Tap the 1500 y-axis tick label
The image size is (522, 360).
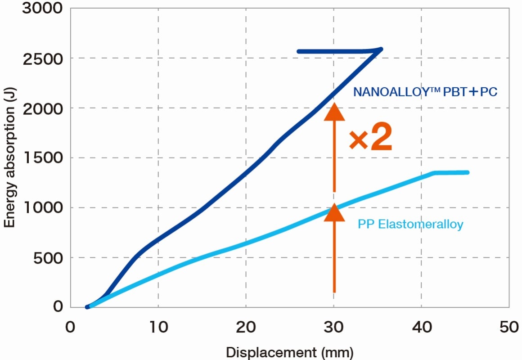click(44, 158)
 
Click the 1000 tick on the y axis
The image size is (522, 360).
click(44, 208)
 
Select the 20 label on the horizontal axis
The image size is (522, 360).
click(246, 327)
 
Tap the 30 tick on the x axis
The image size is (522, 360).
click(333, 327)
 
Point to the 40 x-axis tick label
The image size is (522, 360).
click(421, 327)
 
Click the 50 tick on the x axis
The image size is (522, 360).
click(509, 327)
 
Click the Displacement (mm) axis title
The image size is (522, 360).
click(289, 351)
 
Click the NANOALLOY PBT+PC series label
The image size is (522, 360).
click(425, 92)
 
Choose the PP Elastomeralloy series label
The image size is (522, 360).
click(410, 224)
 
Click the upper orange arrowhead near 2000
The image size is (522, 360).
click(334, 112)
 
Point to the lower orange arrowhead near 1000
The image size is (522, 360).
click(334, 212)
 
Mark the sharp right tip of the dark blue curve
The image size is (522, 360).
click(381, 49)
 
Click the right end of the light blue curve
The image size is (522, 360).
click(468, 172)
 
